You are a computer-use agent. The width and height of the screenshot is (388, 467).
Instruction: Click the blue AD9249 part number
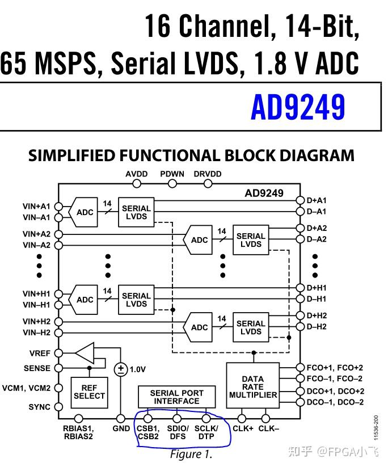pos(298,106)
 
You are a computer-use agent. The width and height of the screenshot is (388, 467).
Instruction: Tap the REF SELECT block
pos(89,392)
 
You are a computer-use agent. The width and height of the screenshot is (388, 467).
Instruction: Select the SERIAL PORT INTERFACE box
pos(176,397)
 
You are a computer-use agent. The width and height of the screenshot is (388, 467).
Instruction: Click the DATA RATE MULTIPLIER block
pos(253,385)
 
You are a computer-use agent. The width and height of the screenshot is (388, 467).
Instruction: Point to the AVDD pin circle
pos(137,184)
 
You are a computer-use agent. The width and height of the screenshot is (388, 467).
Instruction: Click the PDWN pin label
pos(172,174)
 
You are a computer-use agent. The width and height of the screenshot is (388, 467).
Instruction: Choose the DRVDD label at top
pos(208,174)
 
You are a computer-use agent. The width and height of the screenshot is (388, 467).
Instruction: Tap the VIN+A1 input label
pos(36,206)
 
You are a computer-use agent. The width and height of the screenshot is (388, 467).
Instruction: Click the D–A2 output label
pos(317,239)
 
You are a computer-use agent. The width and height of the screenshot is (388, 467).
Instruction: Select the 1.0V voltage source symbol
pos(121,369)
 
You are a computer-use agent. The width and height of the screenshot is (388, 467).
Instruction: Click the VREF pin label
pos(40,353)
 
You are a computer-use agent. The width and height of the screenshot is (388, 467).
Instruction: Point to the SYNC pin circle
pos(58,407)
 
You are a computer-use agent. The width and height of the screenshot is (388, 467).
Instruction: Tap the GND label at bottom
pos(121,428)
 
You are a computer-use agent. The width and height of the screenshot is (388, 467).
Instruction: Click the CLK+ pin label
pos(243,428)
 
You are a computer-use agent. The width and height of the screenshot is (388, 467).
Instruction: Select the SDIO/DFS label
pos(178,432)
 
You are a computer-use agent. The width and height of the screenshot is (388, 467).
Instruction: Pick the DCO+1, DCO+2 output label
pos(335,391)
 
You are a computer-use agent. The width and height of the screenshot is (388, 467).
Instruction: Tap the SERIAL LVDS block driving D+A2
pos(251,240)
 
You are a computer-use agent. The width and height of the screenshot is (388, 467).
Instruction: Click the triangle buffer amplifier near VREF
pos(85,353)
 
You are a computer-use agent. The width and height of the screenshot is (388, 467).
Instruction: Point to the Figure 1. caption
pos(191,455)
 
